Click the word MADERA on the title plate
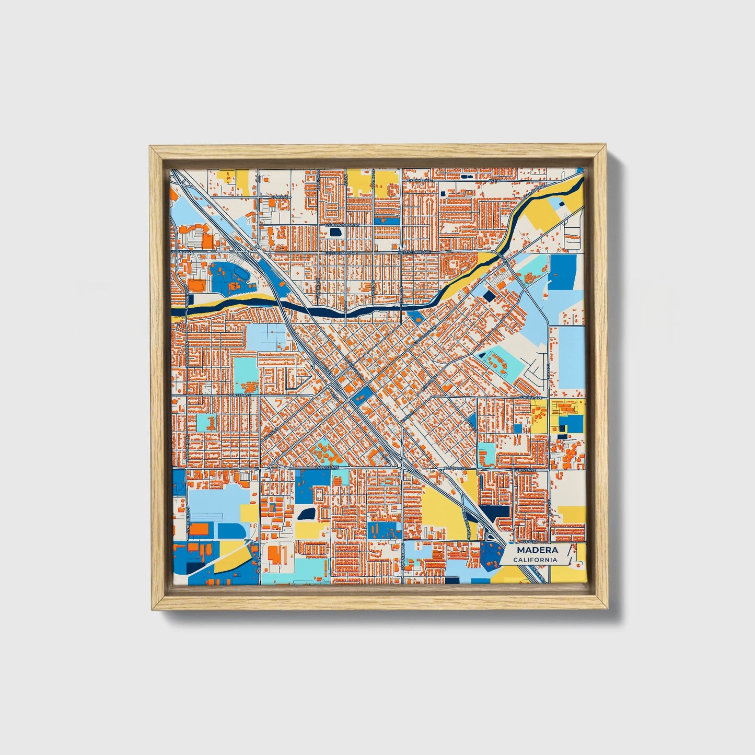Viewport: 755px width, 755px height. [x=537, y=550]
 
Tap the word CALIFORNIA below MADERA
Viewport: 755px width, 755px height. [x=535, y=560]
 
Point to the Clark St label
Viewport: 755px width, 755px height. [x=280, y=197]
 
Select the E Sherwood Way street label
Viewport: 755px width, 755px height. [x=343, y=225]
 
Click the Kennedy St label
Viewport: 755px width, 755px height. [x=421, y=180]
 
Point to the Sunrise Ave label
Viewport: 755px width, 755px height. [x=528, y=398]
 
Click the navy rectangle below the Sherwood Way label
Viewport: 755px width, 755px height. [x=335, y=231]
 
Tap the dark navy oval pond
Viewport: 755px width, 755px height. [x=307, y=513]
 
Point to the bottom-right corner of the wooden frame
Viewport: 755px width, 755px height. [x=608, y=609]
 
